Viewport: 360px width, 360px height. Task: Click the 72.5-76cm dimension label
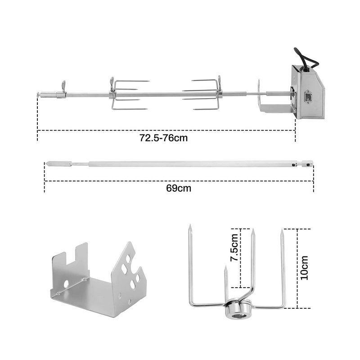[163, 138]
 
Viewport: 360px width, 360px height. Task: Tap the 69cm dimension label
[179, 188]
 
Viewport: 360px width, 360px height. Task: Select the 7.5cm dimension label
[234, 247]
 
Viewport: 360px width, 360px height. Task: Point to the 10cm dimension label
[305, 267]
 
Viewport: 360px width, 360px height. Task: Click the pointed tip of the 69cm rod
[46, 164]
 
